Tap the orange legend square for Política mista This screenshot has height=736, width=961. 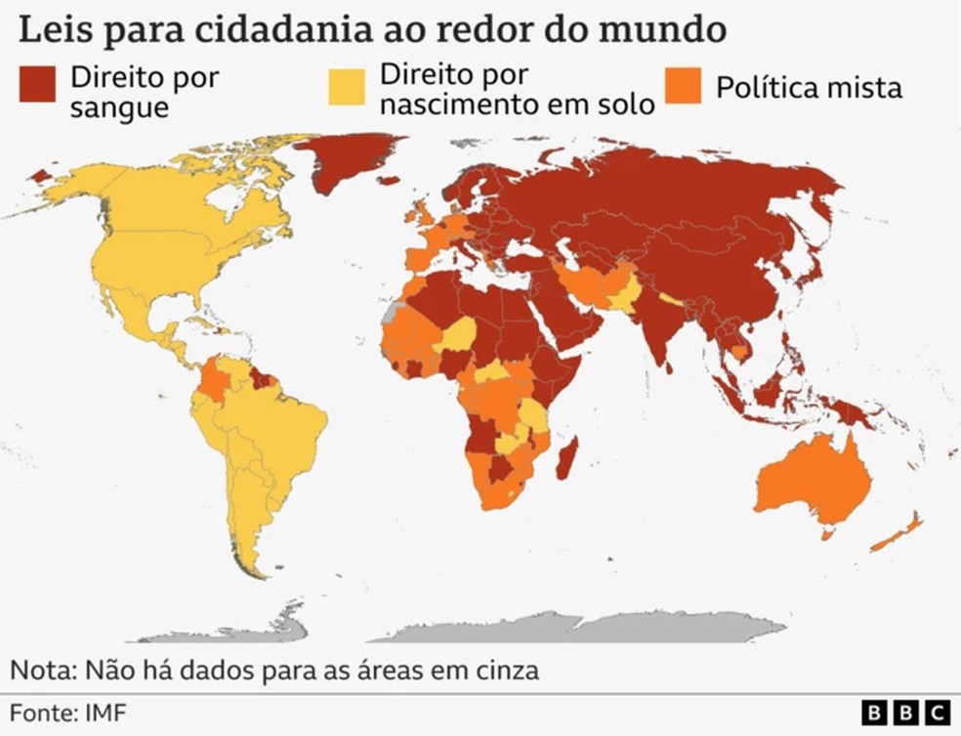coord(684,85)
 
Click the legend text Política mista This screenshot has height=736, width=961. coord(809,87)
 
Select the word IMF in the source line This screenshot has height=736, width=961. coord(104,711)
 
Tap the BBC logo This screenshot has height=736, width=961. coord(907,713)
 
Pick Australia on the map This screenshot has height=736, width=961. coord(811,479)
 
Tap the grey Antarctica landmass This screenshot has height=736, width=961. coord(606,626)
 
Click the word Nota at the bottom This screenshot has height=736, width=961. coord(44,671)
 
